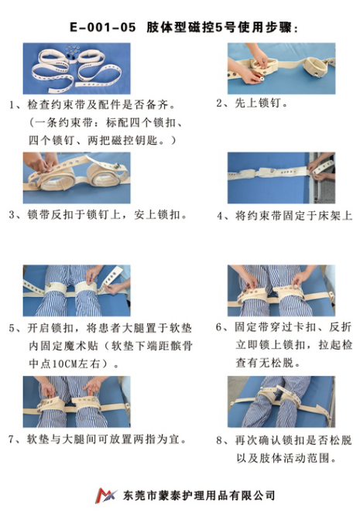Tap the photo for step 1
[x=76, y=68]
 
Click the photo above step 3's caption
[x=76, y=177]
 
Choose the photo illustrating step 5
[x=76, y=290]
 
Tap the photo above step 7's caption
[x=76, y=401]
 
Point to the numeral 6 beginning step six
[x=219, y=327]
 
